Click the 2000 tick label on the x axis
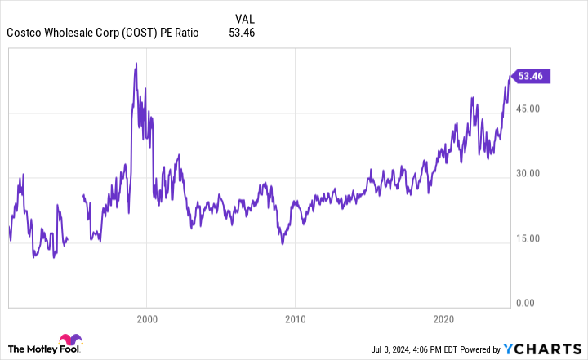[x=146, y=318]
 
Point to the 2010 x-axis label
[x=295, y=318]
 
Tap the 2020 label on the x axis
[x=443, y=318]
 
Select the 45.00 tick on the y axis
[x=529, y=109]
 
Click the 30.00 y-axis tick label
[x=529, y=174]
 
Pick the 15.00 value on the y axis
[x=529, y=239]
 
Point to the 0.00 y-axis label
[x=532, y=304]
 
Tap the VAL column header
[x=245, y=19]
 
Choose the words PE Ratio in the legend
[x=179, y=33]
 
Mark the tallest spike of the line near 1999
[x=136, y=64]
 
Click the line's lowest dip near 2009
[x=282, y=243]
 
